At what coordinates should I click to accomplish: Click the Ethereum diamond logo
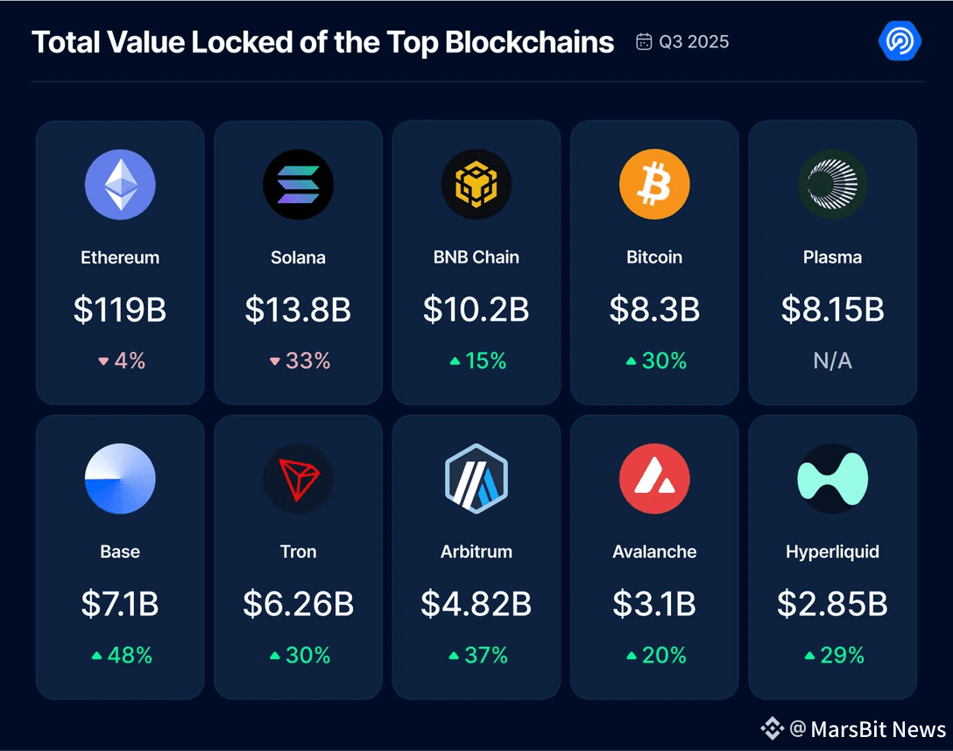(x=120, y=185)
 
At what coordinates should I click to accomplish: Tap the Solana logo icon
(x=298, y=185)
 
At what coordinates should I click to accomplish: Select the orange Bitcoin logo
(x=654, y=185)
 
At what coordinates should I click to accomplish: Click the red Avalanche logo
(x=654, y=479)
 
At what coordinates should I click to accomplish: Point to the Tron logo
(x=298, y=479)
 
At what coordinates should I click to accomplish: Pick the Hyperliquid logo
(x=832, y=479)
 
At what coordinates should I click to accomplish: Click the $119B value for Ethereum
(x=120, y=309)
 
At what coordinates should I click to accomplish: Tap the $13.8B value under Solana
(x=298, y=309)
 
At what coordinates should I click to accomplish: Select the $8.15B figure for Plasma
(x=832, y=309)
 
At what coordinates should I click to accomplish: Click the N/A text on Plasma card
(x=832, y=361)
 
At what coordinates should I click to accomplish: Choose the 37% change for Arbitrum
(x=477, y=655)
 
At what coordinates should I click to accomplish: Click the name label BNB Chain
(x=476, y=257)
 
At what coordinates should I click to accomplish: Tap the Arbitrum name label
(x=476, y=551)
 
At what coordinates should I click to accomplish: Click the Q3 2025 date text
(x=694, y=42)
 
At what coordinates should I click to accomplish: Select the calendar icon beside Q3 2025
(x=644, y=42)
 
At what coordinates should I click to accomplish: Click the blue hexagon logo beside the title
(x=899, y=41)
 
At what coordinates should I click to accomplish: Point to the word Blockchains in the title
(x=530, y=42)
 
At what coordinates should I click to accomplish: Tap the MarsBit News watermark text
(x=878, y=729)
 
